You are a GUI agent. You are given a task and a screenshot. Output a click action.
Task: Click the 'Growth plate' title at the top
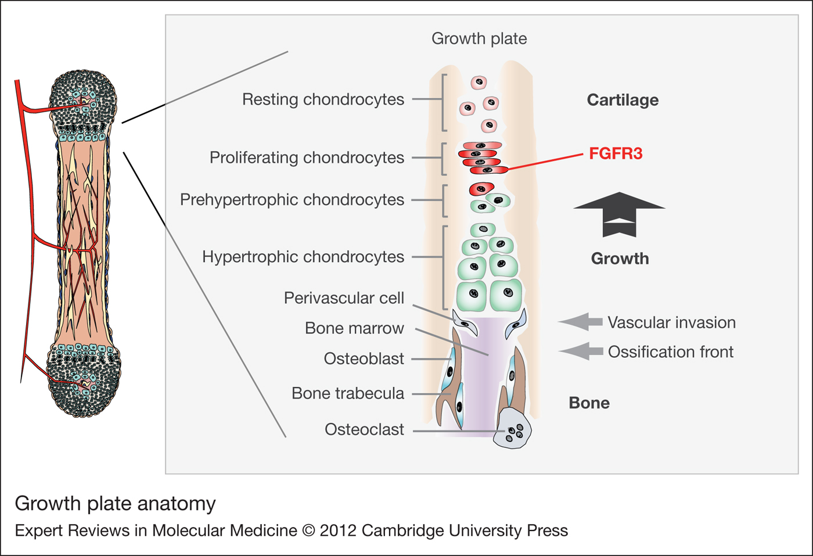coord(479,38)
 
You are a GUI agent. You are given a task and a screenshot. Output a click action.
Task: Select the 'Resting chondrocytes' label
coord(323,99)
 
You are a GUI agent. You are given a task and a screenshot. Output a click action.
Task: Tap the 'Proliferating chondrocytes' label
coord(307,157)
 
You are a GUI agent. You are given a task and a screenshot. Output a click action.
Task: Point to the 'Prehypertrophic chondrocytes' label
coord(292,200)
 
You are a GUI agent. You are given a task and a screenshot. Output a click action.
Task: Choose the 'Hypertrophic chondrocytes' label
coord(303,257)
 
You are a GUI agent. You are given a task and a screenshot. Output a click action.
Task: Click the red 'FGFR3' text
coord(616,154)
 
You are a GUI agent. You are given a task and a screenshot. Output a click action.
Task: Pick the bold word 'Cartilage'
coord(623,100)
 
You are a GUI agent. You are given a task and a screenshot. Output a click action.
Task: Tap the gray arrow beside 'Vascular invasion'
coord(581,322)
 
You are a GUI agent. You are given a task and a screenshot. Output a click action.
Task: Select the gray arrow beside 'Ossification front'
coord(581,351)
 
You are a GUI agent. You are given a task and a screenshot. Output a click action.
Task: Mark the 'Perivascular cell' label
coord(344,298)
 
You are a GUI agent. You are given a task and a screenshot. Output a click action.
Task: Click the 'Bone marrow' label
coord(354,328)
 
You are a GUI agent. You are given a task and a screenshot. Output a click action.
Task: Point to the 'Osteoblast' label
coord(364,358)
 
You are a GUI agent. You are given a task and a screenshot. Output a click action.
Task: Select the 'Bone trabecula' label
coord(347,393)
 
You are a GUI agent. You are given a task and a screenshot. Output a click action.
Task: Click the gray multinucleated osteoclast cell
coord(512,429)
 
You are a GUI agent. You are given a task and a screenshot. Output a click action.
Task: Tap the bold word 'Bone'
coord(589,403)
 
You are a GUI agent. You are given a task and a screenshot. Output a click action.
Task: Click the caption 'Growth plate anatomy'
coord(115,503)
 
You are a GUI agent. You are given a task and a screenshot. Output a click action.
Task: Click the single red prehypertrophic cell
coord(481,189)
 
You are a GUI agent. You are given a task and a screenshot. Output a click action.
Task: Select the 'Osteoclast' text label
coord(364,429)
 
